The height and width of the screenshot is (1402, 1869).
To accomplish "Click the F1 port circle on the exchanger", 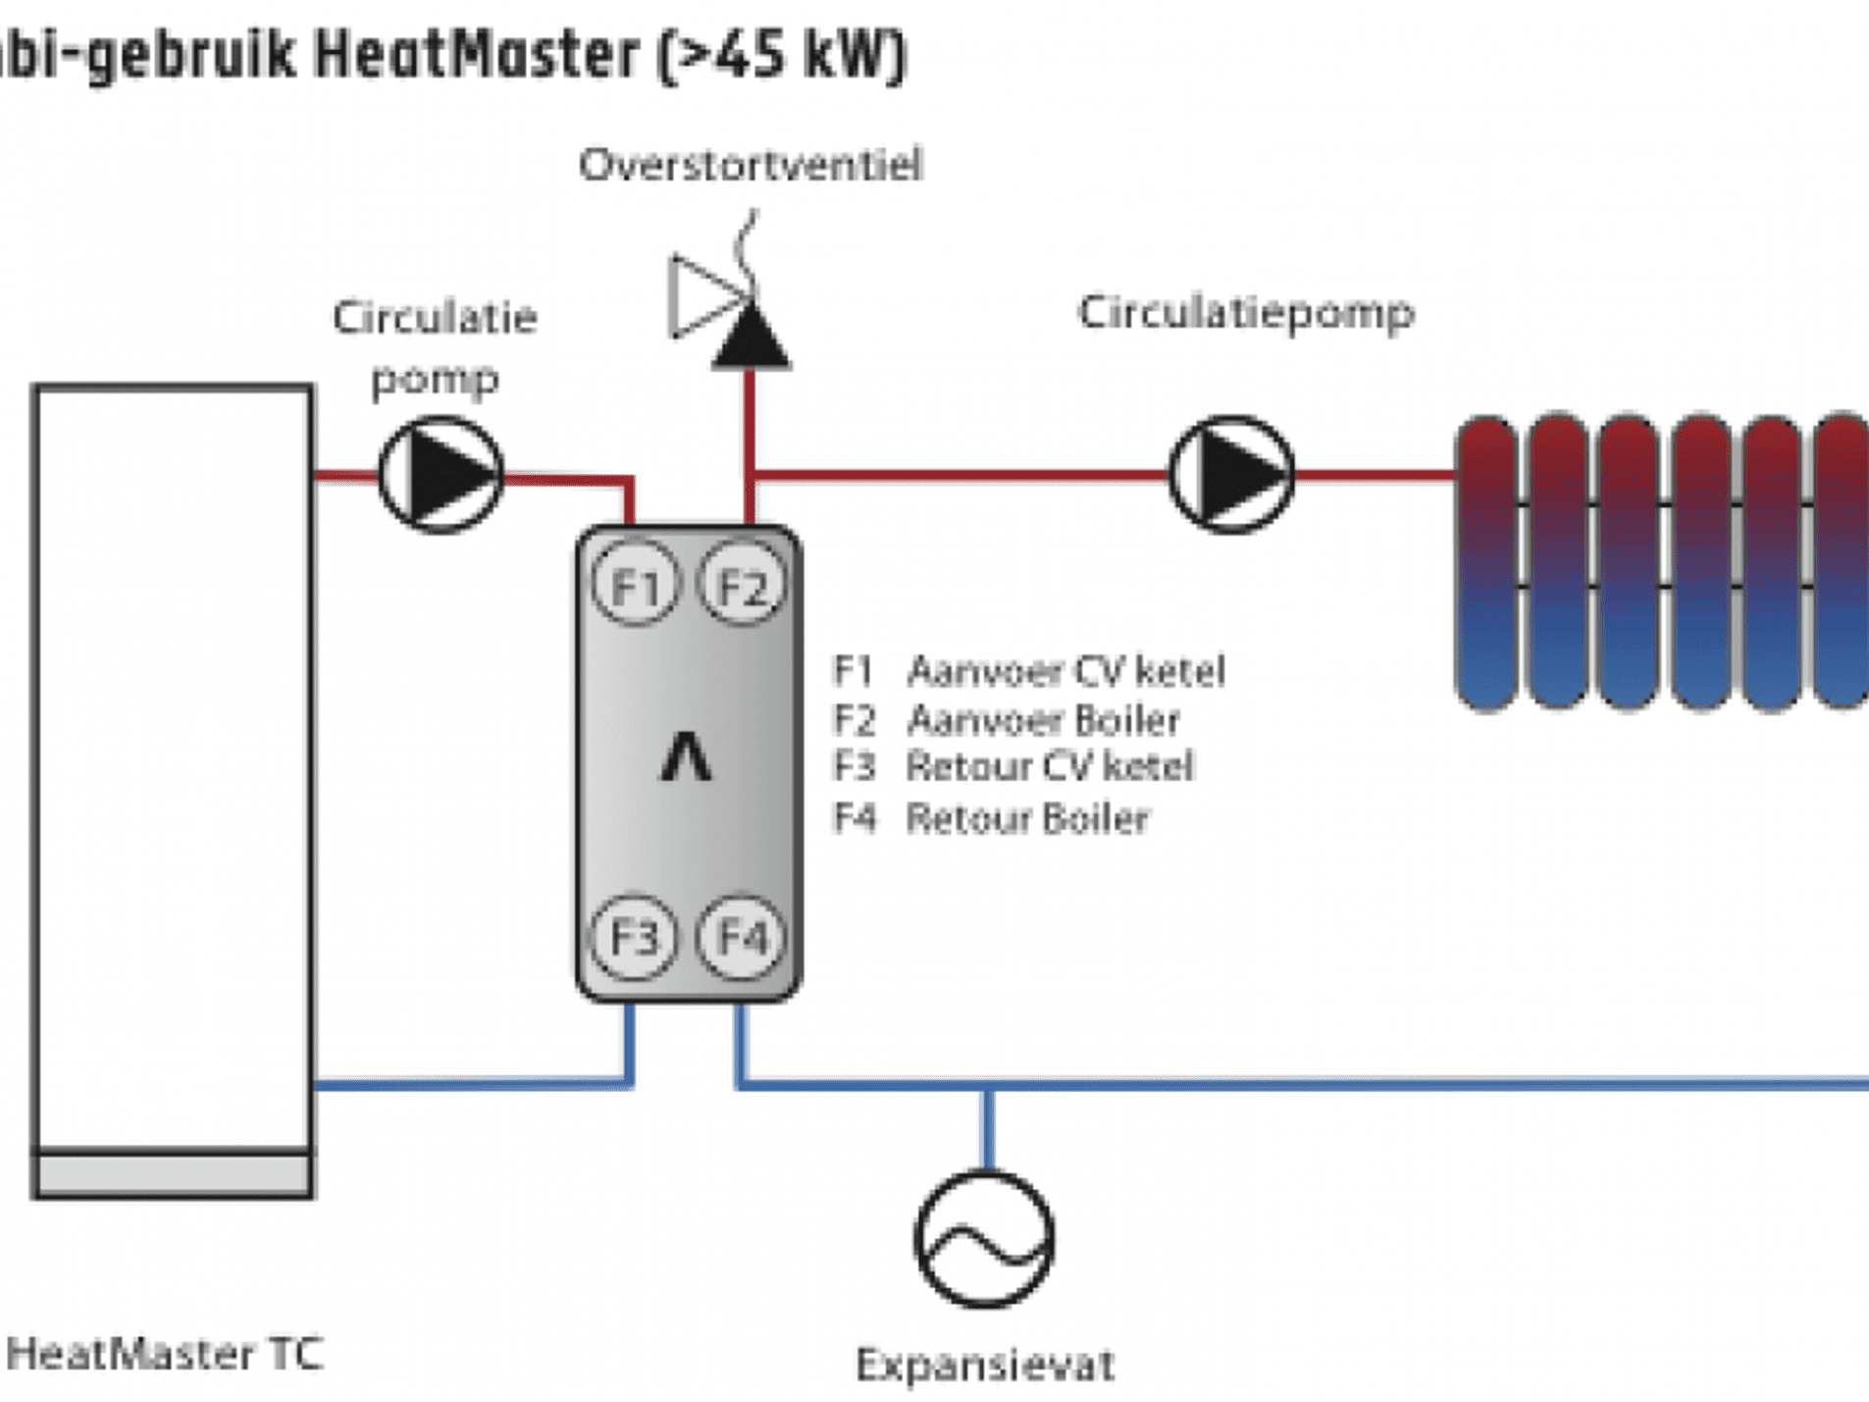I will tap(635, 585).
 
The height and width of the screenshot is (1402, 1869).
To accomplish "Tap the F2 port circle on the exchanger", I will tap(742, 585).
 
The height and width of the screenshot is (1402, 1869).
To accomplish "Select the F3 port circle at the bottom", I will tap(635, 937).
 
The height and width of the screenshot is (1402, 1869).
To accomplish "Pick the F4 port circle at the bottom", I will tap(742, 937).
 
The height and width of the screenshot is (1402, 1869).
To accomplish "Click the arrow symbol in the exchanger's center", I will tap(685, 757).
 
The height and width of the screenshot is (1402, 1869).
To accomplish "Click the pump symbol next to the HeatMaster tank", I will tap(441, 475).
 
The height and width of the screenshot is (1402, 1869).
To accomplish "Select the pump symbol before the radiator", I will tap(1231, 475).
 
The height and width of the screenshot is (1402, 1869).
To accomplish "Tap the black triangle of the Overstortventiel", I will tap(751, 339).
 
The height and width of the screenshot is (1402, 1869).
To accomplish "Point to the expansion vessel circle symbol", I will tap(984, 1239).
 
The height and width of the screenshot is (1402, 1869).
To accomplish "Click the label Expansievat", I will tap(984, 1365).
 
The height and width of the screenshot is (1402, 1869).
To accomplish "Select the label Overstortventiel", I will tap(751, 165).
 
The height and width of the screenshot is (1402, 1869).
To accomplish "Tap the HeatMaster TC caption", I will tap(165, 1354).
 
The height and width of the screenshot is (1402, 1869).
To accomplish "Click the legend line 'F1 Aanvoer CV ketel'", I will tap(1028, 671).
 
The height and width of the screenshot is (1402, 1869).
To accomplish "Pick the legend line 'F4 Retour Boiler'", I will tap(990, 817).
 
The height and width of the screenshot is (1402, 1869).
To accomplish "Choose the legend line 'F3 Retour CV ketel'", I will tap(1012, 766).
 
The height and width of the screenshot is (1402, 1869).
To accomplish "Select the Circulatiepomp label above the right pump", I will tap(1245, 313).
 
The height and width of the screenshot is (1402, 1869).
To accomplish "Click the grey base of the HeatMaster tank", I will tap(173, 1173).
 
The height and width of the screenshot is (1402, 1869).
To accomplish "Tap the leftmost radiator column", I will tap(1486, 561).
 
